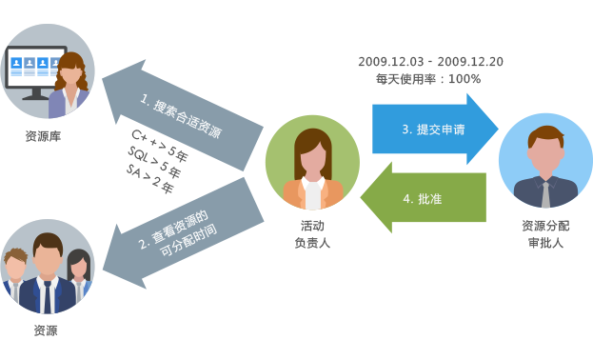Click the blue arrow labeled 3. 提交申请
pyautogui.click(x=433, y=129)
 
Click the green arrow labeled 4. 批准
pyautogui.click(x=424, y=198)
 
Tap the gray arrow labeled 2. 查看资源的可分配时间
pyautogui.click(x=186, y=229)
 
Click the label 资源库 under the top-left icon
pyautogui.click(x=44, y=136)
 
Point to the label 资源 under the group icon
pyautogui.click(x=46, y=330)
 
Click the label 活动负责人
pyautogui.click(x=312, y=234)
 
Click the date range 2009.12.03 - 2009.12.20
pyautogui.click(x=431, y=62)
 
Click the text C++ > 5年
pyautogui.click(x=159, y=140)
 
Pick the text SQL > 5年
pyautogui.click(x=153, y=157)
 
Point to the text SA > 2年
pyautogui.click(x=149, y=177)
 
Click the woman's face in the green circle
pyautogui.click(x=311, y=152)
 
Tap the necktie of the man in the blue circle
pyautogui.click(x=544, y=191)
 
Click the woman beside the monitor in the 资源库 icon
pyautogui.click(x=72, y=81)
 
